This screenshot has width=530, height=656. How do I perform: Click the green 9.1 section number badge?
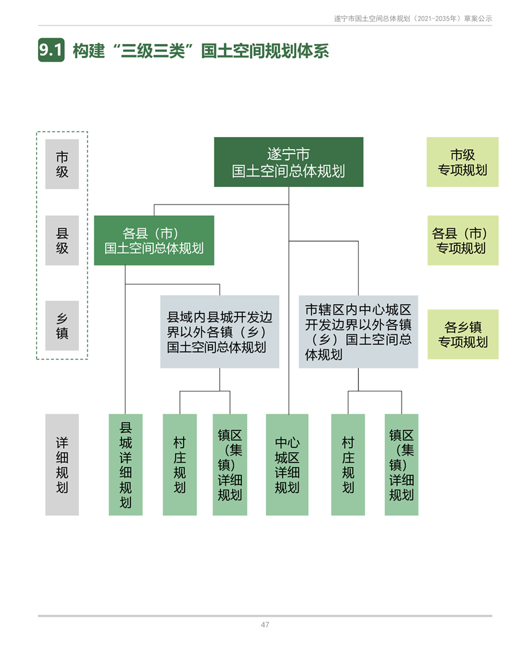pyautogui.click(x=51, y=51)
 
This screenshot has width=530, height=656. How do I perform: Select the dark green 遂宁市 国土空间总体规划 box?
pyautogui.click(x=288, y=162)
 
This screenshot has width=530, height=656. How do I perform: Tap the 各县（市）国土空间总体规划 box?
pyautogui.click(x=154, y=240)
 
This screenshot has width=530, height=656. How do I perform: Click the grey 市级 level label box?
pyautogui.click(x=62, y=164)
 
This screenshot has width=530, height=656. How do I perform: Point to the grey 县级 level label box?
pyautogui.click(x=62, y=240)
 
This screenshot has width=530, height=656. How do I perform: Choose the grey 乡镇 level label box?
pyautogui.click(x=62, y=325)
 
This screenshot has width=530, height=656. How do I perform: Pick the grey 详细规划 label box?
pyautogui.click(x=62, y=464)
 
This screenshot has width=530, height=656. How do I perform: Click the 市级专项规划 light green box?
pyautogui.click(x=462, y=162)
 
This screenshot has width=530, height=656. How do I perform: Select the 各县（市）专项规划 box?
pyautogui.click(x=462, y=240)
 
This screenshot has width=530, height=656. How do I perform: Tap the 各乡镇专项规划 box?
pyautogui.click(x=462, y=334)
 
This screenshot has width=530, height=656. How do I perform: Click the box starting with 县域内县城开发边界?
pyautogui.click(x=219, y=332)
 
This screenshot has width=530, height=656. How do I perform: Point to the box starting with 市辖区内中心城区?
pyautogui.click(x=358, y=332)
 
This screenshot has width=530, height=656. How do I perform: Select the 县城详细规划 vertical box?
pyautogui.click(x=126, y=464)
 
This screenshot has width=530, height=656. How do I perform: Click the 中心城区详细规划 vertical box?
pyautogui.click(x=287, y=464)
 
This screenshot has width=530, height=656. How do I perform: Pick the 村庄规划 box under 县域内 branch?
pyautogui.click(x=180, y=464)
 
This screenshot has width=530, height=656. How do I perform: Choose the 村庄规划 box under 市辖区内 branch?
pyautogui.click(x=348, y=464)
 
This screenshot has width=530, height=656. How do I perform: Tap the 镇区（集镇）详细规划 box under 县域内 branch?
pyautogui.click(x=230, y=464)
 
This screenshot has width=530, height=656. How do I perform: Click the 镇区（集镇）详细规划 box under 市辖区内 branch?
pyautogui.click(x=402, y=464)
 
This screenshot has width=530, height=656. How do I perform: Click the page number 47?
pyautogui.click(x=265, y=625)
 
